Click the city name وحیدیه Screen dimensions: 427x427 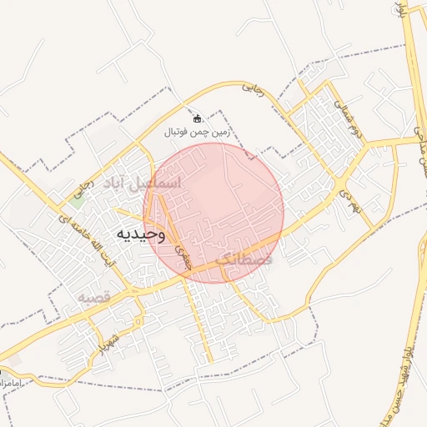139,234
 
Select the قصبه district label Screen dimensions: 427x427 94,297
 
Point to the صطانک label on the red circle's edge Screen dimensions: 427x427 244,260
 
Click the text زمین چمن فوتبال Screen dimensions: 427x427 198,132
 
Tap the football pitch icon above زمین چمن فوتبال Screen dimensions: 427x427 198,118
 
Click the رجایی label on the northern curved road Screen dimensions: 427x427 253,88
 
